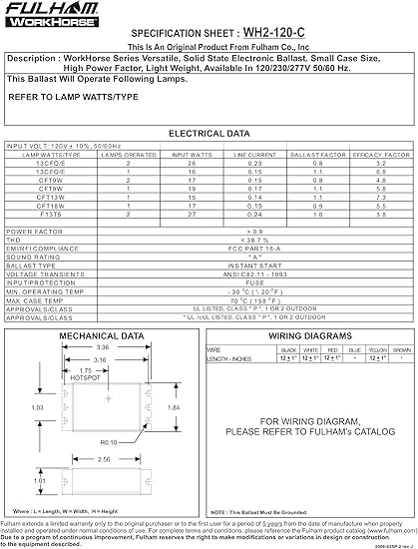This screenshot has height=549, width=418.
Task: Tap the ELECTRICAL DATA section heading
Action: pyautogui.click(x=209, y=132)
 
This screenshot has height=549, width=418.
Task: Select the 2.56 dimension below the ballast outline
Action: pyautogui.click(x=103, y=460)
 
